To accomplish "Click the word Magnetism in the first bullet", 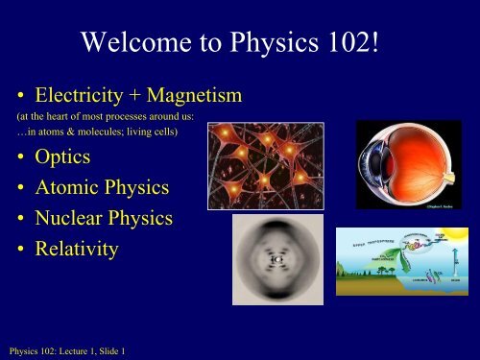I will coord(192,96).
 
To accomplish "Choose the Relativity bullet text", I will coord(78,250).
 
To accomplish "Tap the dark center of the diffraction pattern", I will coord(275,259).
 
